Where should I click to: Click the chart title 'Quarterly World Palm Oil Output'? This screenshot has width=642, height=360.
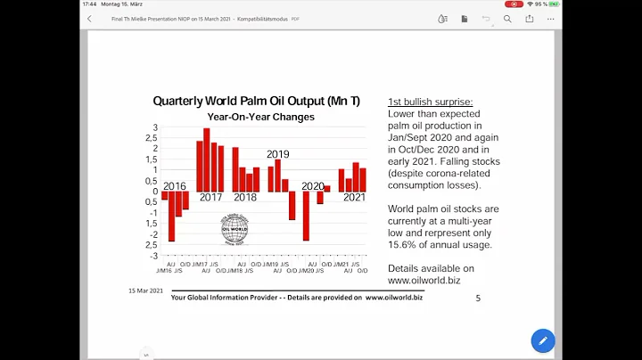pos(256,102)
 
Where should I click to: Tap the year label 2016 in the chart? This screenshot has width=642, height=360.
pos(175,186)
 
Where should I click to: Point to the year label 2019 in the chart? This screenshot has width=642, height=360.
pos(278,154)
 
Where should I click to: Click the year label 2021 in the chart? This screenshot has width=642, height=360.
pos(354,197)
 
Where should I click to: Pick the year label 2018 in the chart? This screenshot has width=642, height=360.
pos(244,197)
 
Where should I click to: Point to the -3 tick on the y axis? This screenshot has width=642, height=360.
pos(153,256)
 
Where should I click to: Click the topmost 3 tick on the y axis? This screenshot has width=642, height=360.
pos(154,127)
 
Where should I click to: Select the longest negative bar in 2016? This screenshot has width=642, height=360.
pos(171,217)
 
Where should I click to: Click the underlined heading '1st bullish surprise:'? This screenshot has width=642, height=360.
pos(430,102)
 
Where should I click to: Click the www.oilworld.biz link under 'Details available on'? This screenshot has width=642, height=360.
pos(424,281)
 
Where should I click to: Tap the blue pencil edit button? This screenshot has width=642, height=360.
pos(542,340)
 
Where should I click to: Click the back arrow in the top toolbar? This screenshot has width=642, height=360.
pos(89,18)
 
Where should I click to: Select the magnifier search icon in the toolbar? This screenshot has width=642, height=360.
pos(507,18)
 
